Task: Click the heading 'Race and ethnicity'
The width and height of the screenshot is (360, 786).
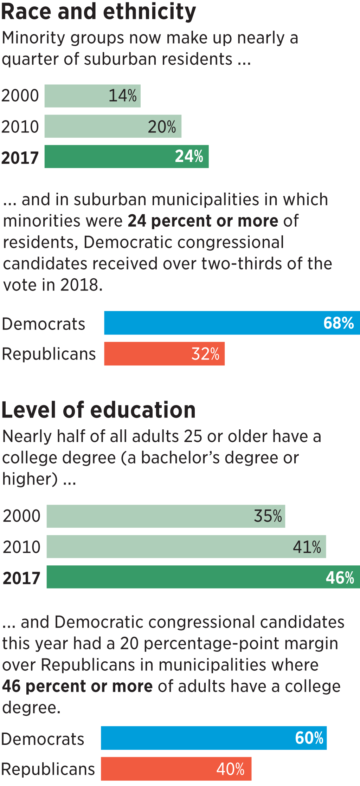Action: pos(98,12)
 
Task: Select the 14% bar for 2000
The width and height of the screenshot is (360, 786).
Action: pos(92,96)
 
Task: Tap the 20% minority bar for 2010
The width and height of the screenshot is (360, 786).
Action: pos(113,126)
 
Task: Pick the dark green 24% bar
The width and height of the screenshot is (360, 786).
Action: pos(127,157)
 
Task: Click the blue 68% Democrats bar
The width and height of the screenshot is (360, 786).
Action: pos(232,323)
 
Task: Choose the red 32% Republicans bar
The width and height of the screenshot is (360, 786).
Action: pos(164,354)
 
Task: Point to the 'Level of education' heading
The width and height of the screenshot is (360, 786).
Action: pos(98,410)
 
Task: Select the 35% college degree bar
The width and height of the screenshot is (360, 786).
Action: pos(166,516)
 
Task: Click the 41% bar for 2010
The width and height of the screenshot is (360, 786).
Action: pos(186,547)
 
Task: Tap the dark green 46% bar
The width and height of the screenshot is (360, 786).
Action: pos(203,577)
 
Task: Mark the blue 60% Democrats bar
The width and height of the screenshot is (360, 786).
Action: pos(214,738)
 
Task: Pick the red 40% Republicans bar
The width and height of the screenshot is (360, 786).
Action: pos(176,769)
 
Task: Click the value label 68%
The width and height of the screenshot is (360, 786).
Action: pos(339,323)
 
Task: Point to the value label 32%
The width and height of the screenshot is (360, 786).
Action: pos(205,354)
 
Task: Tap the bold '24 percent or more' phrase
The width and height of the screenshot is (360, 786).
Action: pos(203,221)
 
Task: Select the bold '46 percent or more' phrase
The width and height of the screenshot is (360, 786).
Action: pos(77,686)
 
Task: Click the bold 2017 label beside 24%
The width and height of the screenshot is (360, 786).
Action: pos(20,158)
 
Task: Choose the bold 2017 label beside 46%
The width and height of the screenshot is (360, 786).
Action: pos(21,578)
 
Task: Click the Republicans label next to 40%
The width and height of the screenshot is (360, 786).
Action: pos(48,769)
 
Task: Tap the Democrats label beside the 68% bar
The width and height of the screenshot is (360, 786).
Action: pos(44,324)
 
